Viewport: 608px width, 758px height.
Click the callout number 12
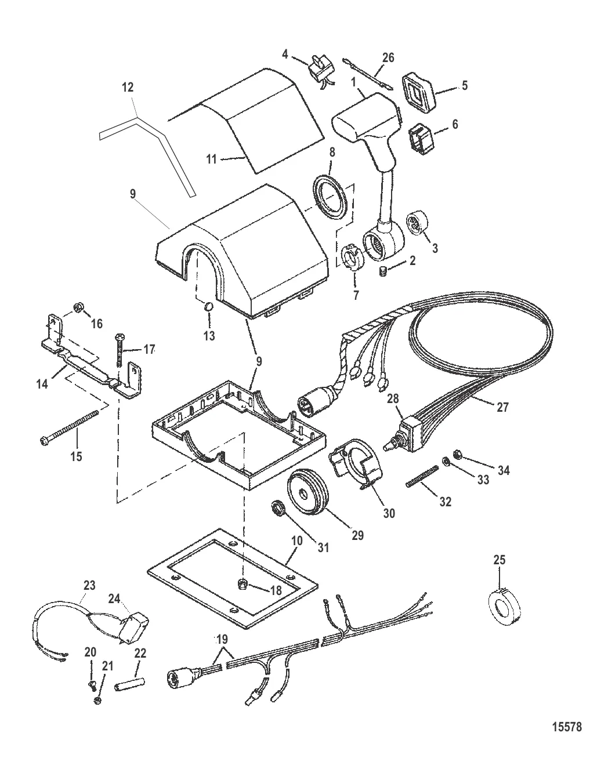128,87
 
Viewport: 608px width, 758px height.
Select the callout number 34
504,470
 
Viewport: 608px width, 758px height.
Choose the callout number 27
502,407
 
